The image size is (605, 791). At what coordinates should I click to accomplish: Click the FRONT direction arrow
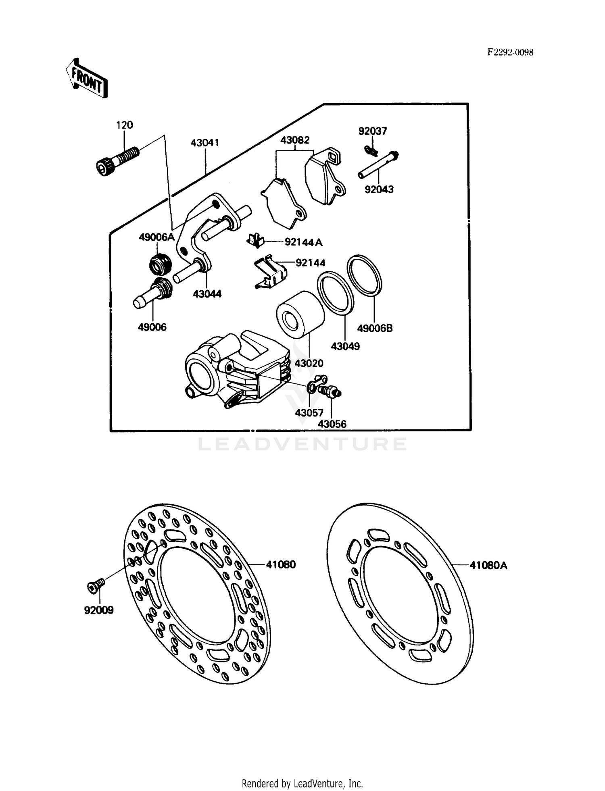click(x=87, y=78)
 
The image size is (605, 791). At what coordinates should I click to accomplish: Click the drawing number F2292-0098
click(x=510, y=52)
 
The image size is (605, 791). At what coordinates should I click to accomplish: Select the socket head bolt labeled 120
click(x=117, y=160)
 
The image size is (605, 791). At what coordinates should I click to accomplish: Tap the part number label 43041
click(x=204, y=143)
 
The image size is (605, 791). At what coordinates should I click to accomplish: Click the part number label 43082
click(x=295, y=140)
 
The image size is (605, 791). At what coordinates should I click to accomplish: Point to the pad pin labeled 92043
click(x=378, y=165)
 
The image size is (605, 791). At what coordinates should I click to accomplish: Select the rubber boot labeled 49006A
click(x=161, y=264)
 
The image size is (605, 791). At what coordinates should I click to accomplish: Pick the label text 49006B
click(x=375, y=329)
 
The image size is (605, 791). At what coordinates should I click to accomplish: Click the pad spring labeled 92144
click(x=270, y=273)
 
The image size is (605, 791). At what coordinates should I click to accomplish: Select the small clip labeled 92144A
click(x=255, y=240)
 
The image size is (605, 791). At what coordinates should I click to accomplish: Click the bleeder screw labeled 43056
click(x=329, y=391)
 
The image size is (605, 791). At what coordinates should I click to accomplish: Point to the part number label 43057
click(x=309, y=413)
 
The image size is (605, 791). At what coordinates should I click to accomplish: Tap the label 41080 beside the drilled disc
click(x=281, y=565)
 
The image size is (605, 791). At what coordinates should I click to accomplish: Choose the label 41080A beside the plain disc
click(x=488, y=566)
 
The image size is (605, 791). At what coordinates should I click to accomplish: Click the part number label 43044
click(x=207, y=294)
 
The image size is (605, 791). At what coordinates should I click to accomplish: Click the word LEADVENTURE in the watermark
click(x=302, y=444)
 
